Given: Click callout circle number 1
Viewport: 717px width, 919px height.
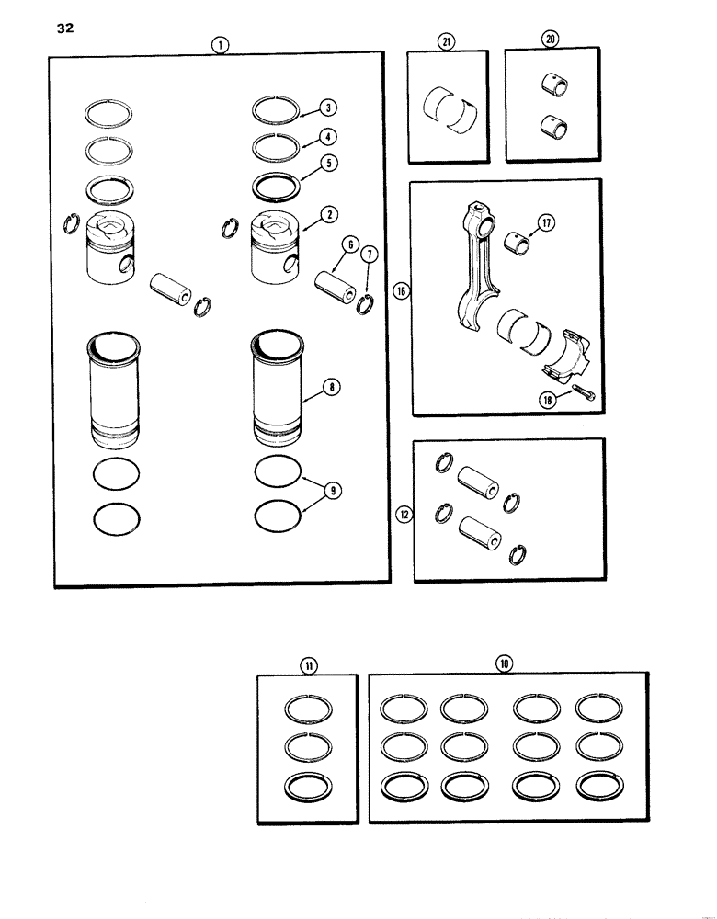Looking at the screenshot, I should click(219, 42).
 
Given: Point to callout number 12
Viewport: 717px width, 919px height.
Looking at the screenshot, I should click(402, 516).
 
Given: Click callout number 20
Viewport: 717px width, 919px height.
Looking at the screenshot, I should click(551, 40).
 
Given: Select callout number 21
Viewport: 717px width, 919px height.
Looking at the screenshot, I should click(447, 40).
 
